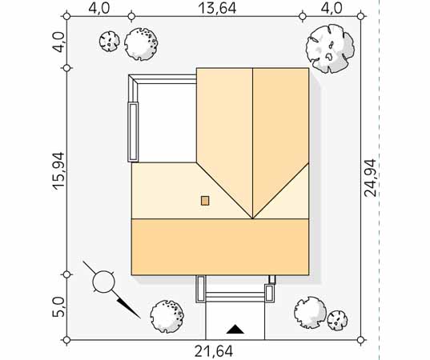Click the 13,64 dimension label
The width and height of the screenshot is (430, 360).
(x=217, y=8)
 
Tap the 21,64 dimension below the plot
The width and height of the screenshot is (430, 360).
(x=214, y=351)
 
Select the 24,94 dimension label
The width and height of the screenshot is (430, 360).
(x=370, y=178)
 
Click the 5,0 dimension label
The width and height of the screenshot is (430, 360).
(x=58, y=307)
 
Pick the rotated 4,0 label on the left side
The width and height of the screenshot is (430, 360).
(x=58, y=42)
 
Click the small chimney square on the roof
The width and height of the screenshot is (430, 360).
(x=205, y=201)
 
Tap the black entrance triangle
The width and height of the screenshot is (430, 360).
(x=235, y=329)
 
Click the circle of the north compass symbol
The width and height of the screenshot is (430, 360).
(x=103, y=282)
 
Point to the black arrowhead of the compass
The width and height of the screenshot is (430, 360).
(x=128, y=309)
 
